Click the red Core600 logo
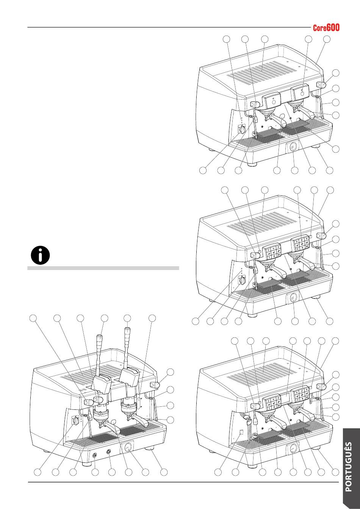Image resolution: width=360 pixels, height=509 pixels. pyautogui.click(x=326, y=28)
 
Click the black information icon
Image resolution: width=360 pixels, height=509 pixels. pyautogui.click(x=40, y=255)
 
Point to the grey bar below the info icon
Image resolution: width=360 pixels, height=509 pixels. pyautogui.click(x=103, y=268)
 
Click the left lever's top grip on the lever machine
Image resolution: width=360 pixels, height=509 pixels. pyautogui.click(x=99, y=337)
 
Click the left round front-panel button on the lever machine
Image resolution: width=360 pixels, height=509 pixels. pyautogui.click(x=94, y=455)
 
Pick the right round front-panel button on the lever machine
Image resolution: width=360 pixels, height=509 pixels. pyautogui.click(x=109, y=451)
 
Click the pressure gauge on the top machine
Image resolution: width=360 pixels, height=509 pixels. pyautogui.click(x=292, y=147)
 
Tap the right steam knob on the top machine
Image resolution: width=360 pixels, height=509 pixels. pyautogui.click(x=322, y=85)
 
